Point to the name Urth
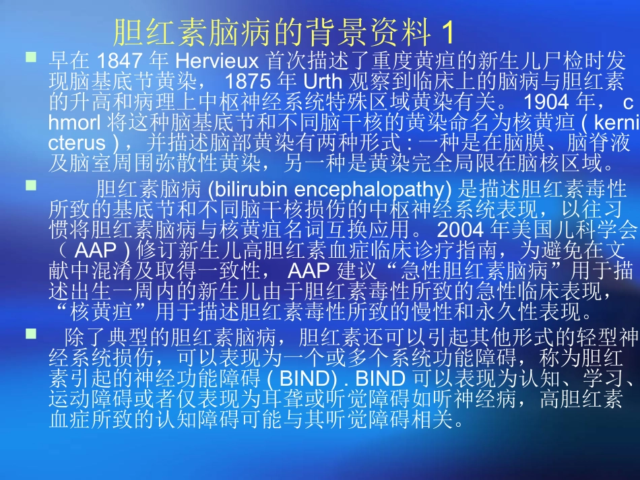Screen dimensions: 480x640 [317, 81]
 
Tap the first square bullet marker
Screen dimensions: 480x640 [31, 58]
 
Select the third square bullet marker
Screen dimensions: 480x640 [31, 333]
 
